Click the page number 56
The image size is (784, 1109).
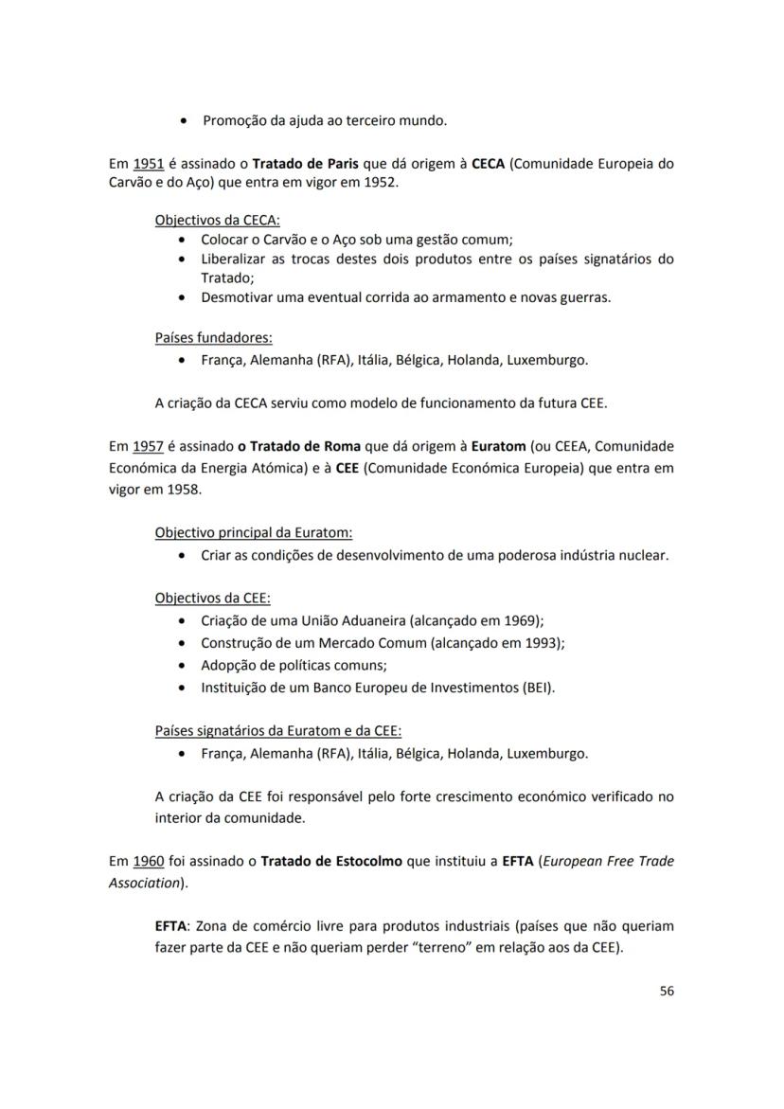pyautogui.click(x=667, y=991)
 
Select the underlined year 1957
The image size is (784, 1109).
pyautogui.click(x=148, y=446)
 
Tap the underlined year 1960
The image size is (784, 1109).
pyautogui.click(x=148, y=862)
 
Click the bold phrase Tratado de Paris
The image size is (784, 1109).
pyautogui.click(x=307, y=163)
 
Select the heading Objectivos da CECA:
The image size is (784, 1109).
pyautogui.click(x=210, y=221)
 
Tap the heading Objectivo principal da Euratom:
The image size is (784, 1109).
pyautogui.click(x=253, y=533)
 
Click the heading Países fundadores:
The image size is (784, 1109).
pyautogui.click(x=213, y=338)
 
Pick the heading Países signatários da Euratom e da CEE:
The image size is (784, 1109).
pyautogui.click(x=277, y=731)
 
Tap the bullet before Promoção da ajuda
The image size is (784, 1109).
pyautogui.click(x=183, y=121)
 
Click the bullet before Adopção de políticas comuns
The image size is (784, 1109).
pyautogui.click(x=183, y=666)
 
